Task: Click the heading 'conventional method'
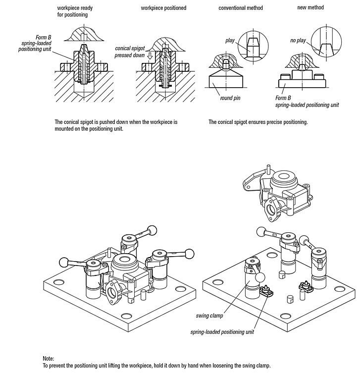240,8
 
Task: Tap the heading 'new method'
310,7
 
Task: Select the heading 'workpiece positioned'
163,8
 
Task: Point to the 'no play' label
298,40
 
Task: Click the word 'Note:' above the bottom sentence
49,358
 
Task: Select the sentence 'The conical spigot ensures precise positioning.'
258,122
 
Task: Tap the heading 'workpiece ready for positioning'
75,11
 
